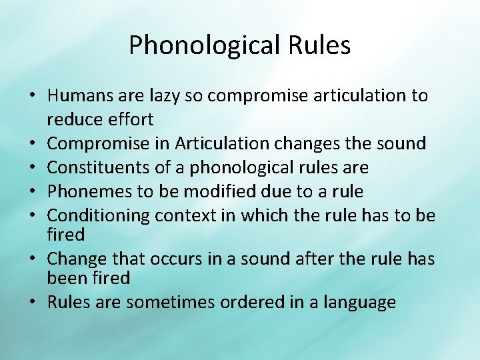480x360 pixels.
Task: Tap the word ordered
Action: (x=249, y=302)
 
